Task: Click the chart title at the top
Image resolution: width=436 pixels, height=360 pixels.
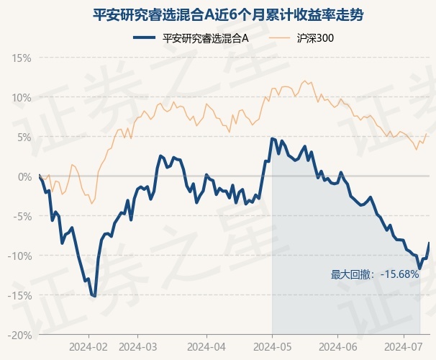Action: [x=228, y=15]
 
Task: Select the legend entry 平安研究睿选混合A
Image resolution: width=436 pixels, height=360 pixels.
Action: [x=191, y=38]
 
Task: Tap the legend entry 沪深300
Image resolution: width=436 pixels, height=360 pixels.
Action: [x=301, y=38]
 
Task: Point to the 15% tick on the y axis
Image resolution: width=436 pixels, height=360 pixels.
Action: [x=21, y=58]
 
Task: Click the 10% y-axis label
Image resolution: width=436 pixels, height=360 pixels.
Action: [x=21, y=98]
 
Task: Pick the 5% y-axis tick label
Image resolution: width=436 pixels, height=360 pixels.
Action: [x=24, y=138]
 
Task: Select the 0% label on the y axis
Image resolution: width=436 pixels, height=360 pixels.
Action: [x=24, y=177]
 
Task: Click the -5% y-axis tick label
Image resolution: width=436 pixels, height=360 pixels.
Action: [x=22, y=217]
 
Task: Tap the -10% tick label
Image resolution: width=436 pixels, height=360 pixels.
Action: [x=19, y=256]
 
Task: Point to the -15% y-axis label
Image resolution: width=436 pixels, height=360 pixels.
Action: [x=19, y=296]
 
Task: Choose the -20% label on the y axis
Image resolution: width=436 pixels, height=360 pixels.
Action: [x=19, y=336]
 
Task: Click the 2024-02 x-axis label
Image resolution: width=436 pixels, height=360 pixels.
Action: [x=88, y=347]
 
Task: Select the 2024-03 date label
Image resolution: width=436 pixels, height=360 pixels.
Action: [x=137, y=347]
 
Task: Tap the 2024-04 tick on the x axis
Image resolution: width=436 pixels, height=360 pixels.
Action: [x=206, y=347]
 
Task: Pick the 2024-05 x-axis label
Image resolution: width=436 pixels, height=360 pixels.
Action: [x=273, y=347]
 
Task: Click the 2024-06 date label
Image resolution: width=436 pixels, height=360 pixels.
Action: [x=338, y=347]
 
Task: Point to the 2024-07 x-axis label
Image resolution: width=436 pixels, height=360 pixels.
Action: [x=404, y=347]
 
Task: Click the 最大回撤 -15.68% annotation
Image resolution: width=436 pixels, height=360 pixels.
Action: [x=375, y=274]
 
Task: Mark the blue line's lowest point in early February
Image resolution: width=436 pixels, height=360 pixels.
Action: [x=95, y=296]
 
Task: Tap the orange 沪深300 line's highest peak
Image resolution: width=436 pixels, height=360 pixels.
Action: [x=304, y=81]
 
